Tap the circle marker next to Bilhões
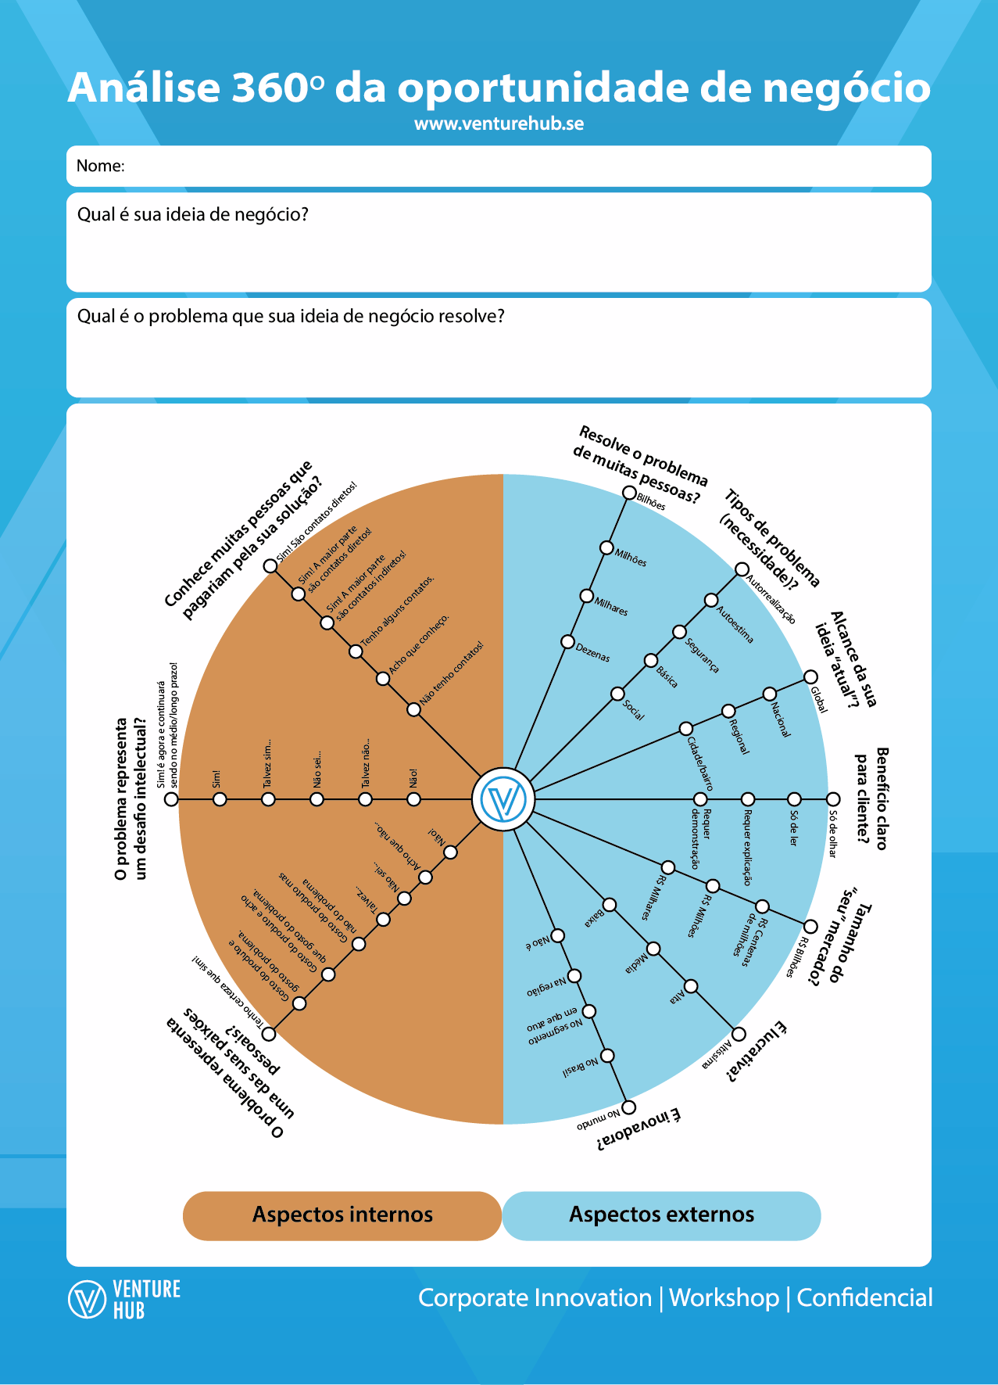click(629, 493)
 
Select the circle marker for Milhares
click(587, 596)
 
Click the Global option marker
click(811, 676)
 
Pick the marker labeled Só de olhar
click(833, 799)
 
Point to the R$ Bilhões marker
click(811, 927)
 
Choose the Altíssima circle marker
click(739, 1035)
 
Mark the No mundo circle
click(629, 1107)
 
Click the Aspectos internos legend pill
click(342, 1215)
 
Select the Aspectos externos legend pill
click(661, 1215)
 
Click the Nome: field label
click(101, 166)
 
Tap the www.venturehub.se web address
click(499, 124)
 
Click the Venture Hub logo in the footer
click(124, 1299)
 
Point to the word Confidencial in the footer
click(864, 1298)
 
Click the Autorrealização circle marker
click(742, 569)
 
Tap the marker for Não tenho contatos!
click(413, 709)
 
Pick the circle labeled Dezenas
click(568, 642)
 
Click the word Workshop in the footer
click(724, 1298)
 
